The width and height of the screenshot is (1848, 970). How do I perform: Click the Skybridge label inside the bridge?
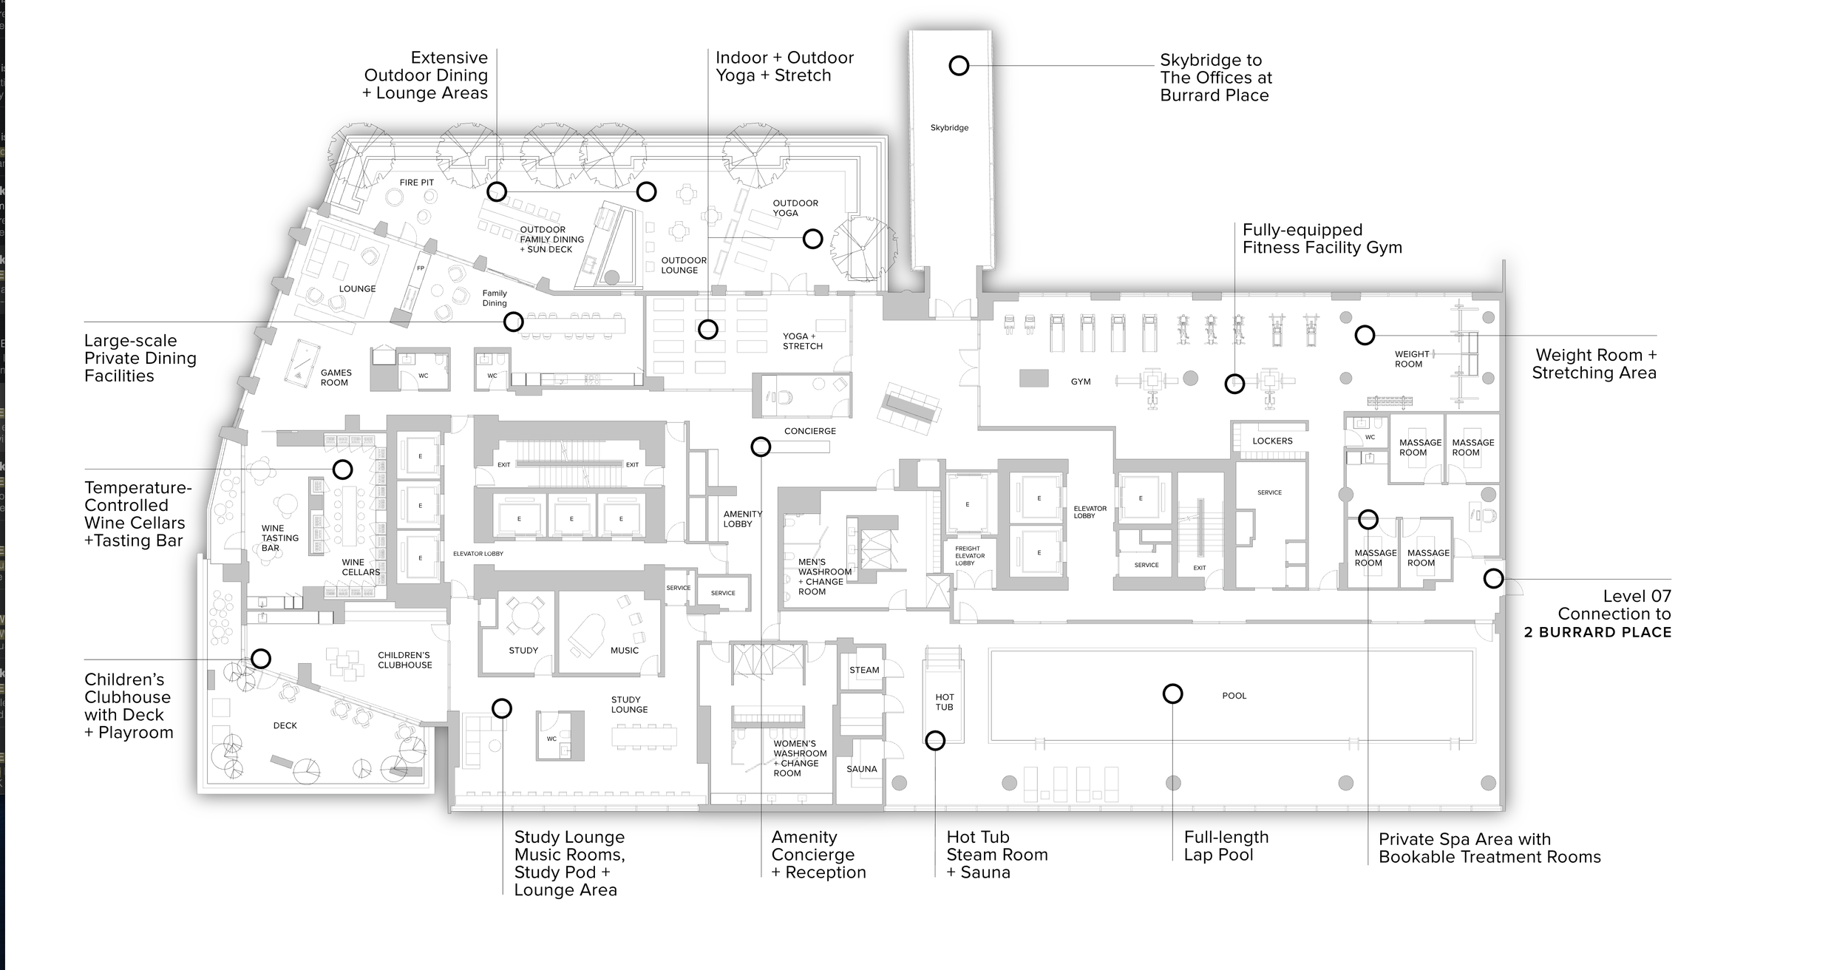point(949,128)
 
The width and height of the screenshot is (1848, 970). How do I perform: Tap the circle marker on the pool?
point(1172,693)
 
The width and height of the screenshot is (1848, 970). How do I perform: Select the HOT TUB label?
point(944,702)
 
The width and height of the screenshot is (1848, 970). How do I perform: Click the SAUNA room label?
point(862,769)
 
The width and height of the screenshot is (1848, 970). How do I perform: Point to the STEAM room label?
point(864,670)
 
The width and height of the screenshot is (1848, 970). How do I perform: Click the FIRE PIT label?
point(417,183)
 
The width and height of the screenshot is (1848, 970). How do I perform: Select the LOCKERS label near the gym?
point(1272,441)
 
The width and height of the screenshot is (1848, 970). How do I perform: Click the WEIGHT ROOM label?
point(1409,359)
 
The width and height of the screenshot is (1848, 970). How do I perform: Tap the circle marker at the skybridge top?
point(959,66)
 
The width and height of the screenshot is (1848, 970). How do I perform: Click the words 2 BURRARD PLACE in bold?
point(1597,632)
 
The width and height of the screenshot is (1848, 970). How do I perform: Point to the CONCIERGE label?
point(810,431)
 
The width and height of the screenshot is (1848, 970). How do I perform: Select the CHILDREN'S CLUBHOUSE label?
point(404,659)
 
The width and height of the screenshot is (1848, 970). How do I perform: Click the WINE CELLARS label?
point(361,567)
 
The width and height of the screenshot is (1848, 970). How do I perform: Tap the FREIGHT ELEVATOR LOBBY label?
point(969,556)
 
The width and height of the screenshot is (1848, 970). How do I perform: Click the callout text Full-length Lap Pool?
point(1226,846)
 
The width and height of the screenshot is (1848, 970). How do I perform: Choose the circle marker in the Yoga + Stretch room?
point(708,329)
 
